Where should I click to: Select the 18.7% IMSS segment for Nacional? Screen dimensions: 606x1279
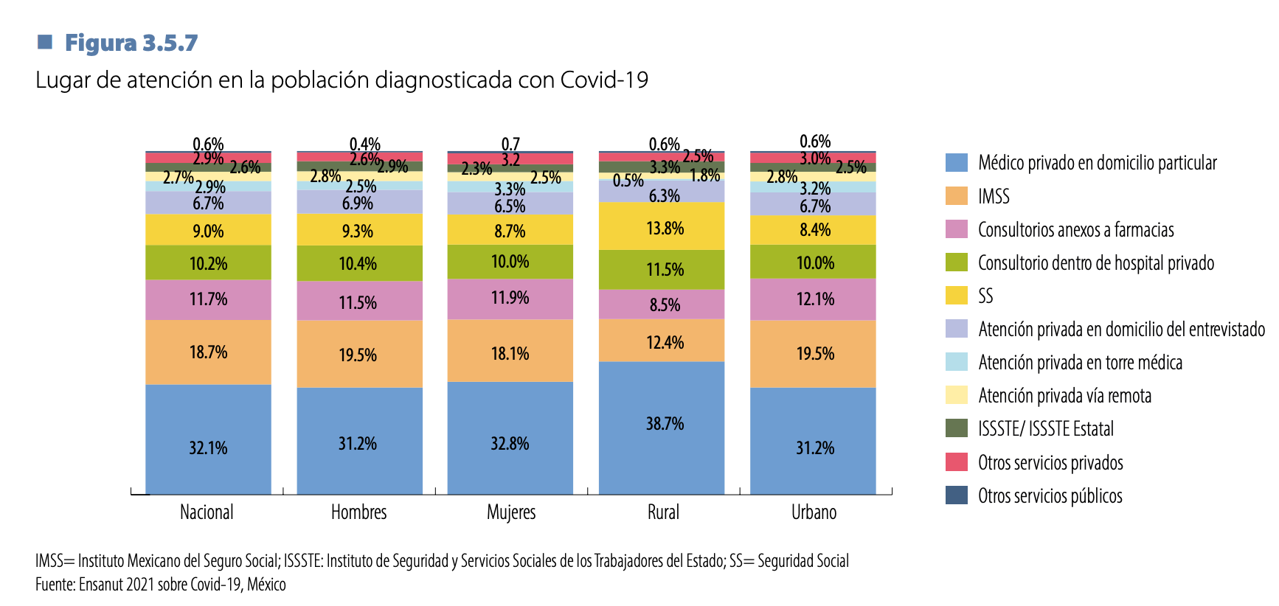tap(208, 352)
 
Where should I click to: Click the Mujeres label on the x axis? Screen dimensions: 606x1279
tap(511, 512)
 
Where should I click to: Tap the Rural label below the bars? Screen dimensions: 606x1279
tap(663, 512)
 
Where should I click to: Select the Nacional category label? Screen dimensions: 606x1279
tap(207, 512)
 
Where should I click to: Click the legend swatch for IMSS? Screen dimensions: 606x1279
tap(957, 196)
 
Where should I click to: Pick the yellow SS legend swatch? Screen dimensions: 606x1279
tap(957, 296)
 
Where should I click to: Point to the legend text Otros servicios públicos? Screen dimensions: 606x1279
tap(1050, 496)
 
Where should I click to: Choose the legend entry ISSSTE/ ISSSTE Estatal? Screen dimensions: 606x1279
tap(1045, 429)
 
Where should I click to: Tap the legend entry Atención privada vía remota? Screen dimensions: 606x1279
tap(1064, 396)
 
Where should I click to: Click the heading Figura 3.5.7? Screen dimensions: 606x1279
tap(131, 43)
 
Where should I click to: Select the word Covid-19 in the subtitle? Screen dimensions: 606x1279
tap(604, 80)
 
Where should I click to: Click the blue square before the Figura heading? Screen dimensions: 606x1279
tap(45, 41)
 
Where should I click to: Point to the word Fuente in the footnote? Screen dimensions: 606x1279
tap(55, 585)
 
